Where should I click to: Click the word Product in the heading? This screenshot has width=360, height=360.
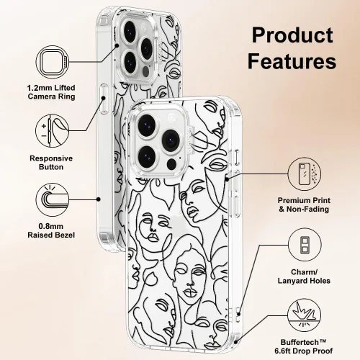coord(292,35)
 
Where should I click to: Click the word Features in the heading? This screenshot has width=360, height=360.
coord(292,61)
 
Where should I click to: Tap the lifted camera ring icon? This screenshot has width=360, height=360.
coord(53,62)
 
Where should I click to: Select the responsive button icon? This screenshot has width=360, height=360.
coord(53,131)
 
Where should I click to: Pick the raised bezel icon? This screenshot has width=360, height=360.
coord(53,199)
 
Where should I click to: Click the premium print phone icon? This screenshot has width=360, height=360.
coord(305,174)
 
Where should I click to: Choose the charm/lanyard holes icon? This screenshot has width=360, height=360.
coord(305,245)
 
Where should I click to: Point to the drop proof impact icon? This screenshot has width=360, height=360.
coord(305,315)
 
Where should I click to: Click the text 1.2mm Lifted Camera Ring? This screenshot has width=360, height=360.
coord(51,92)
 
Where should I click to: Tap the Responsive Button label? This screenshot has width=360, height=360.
coord(51,163)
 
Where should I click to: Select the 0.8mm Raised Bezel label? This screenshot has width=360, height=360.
coord(51,230)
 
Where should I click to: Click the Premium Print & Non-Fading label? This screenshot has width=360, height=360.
coord(304,204)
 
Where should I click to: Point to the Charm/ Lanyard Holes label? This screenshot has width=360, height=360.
coord(304,276)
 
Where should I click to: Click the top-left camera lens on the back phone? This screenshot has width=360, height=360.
coord(130,31)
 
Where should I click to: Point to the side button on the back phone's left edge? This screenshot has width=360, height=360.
coord(104,99)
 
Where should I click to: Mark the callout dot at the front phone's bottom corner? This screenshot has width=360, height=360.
coord(236,342)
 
